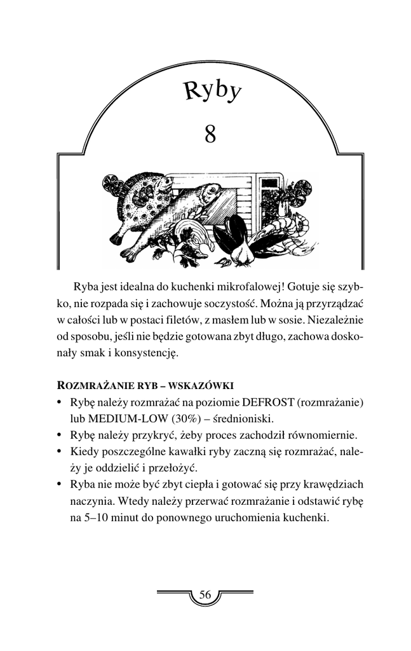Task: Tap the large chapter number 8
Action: [x=211, y=134]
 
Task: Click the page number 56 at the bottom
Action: [x=205, y=595]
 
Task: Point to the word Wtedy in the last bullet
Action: [x=131, y=502]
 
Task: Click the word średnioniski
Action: [x=245, y=419]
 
